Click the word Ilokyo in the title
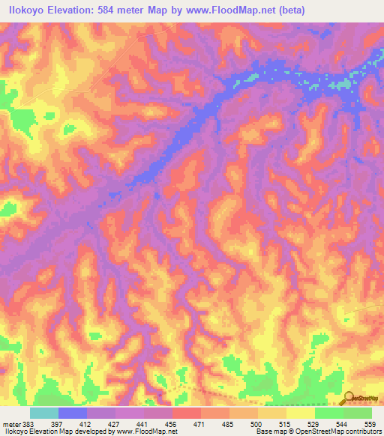[25, 9]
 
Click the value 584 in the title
[114, 9]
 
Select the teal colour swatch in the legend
[44, 414]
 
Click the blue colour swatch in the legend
[73, 414]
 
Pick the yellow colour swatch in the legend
[301, 414]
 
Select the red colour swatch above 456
[187, 414]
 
